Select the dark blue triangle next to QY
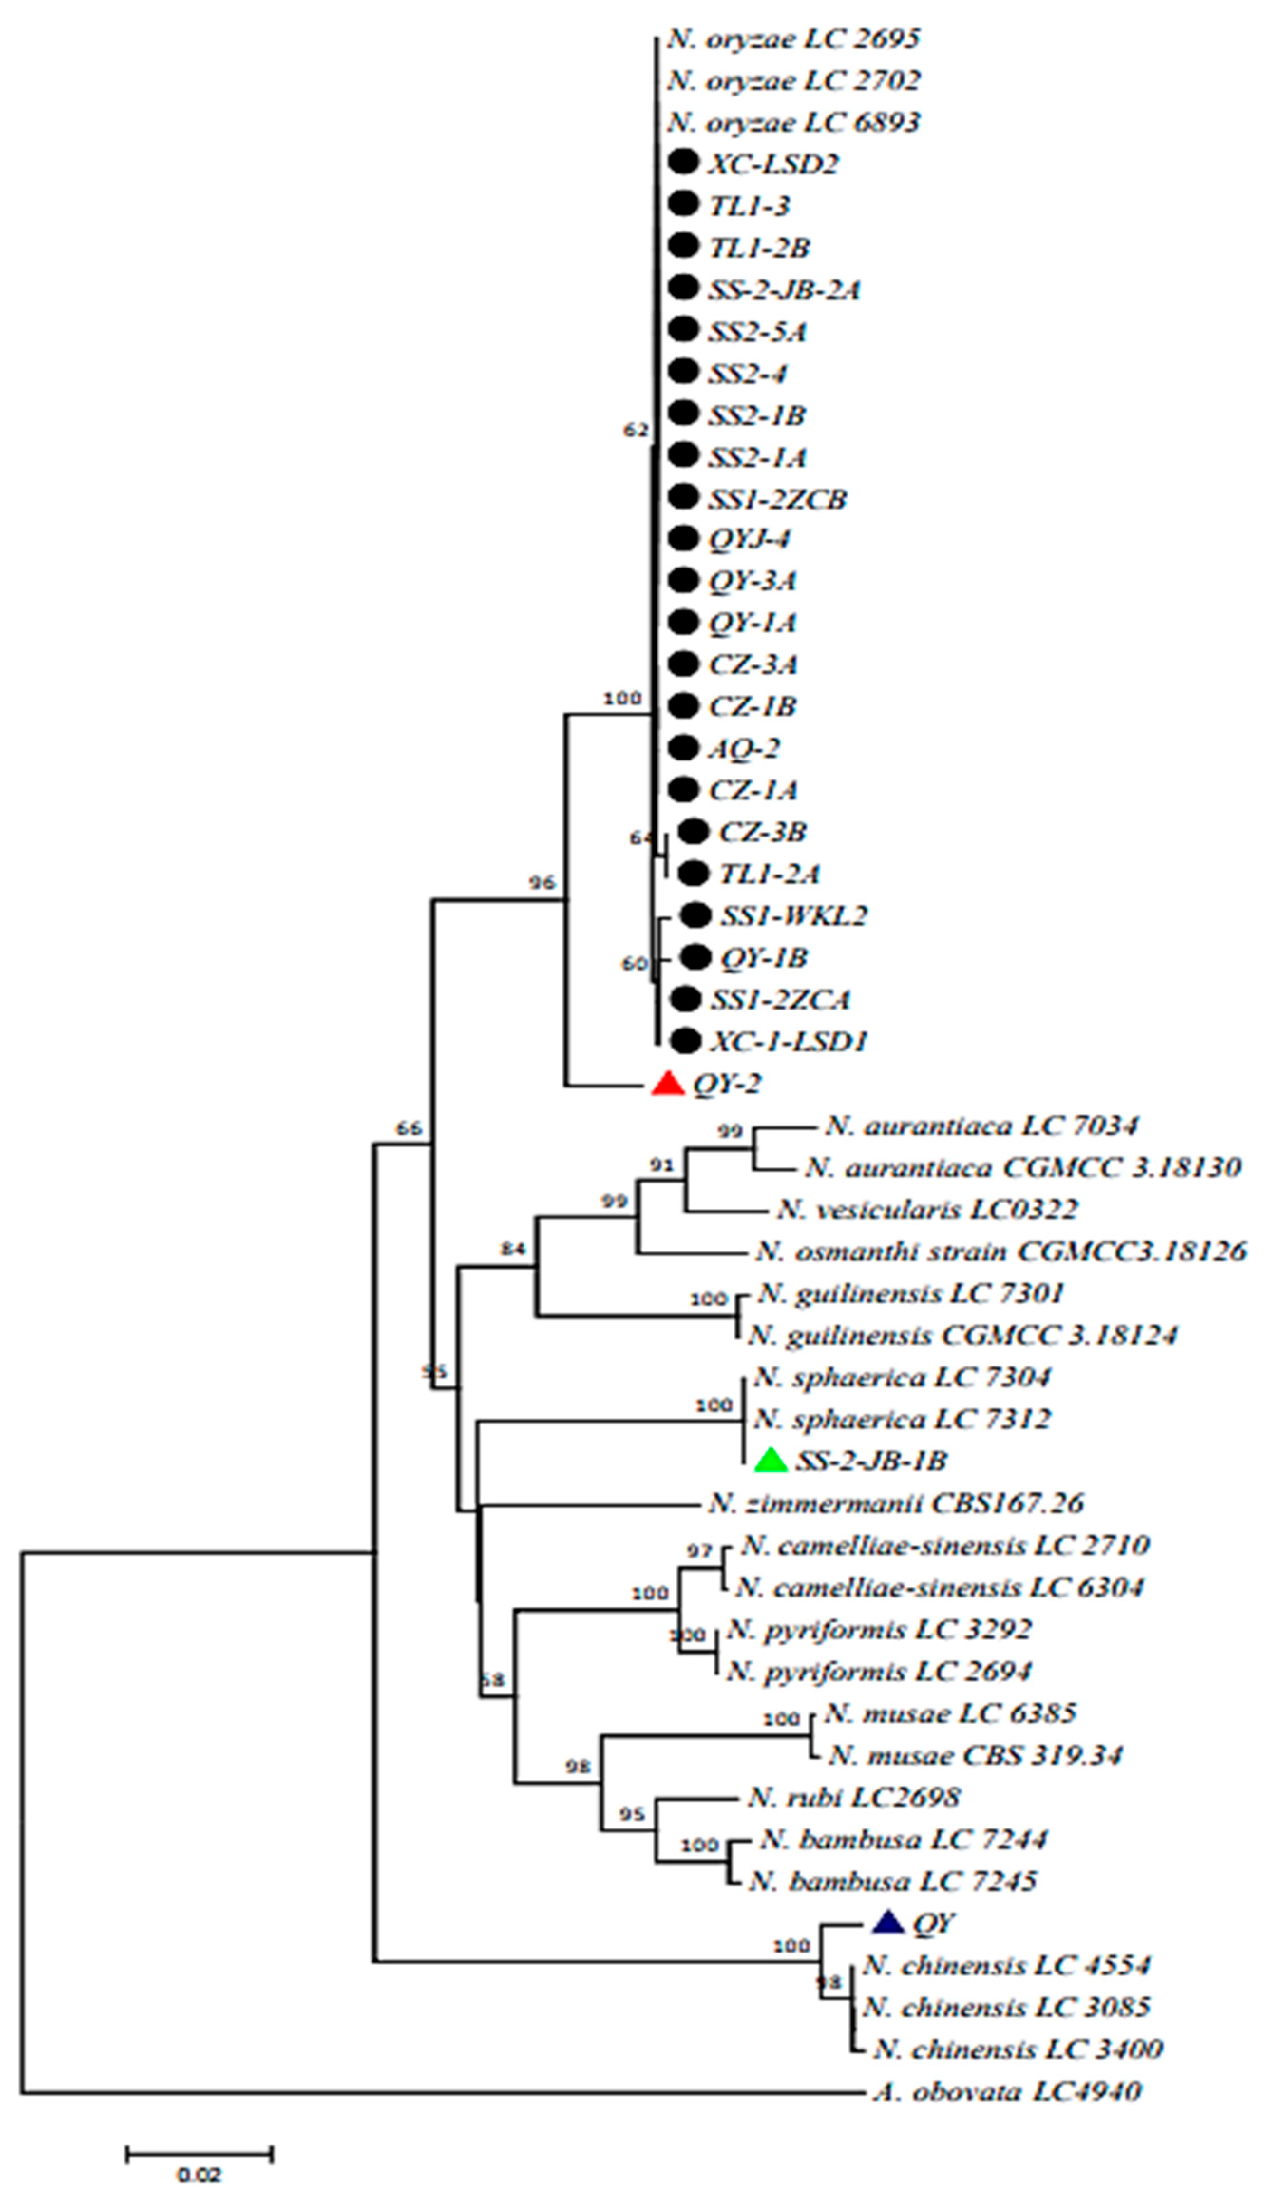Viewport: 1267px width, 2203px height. (887, 1922)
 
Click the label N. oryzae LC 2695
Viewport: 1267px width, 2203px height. (794, 39)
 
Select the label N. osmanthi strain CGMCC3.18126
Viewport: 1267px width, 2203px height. (1000, 1251)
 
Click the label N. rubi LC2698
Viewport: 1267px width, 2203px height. (853, 1797)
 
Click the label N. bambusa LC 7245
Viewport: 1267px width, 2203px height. (893, 1881)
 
